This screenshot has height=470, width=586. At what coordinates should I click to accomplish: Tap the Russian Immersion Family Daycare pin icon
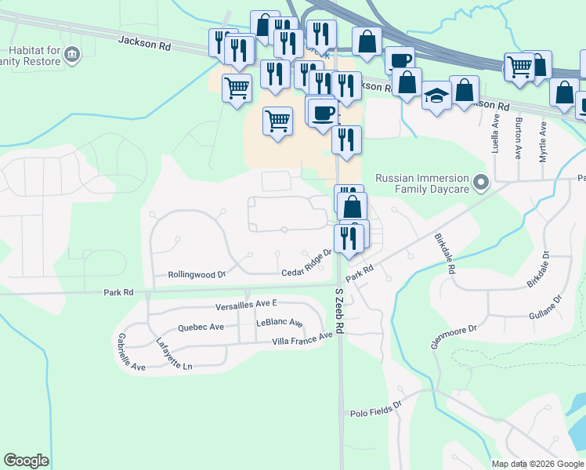point(482,183)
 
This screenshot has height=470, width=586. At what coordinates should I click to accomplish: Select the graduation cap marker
point(437,96)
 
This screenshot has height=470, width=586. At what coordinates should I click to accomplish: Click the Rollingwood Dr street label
point(197,275)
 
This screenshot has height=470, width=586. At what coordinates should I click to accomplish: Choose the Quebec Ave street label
point(201,327)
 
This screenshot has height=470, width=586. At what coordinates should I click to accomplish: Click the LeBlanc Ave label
point(280,323)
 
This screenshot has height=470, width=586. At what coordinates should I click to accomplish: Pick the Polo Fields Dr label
point(375,407)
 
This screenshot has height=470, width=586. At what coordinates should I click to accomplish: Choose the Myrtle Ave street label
point(543,142)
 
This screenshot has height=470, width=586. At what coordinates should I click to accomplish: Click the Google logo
point(26,461)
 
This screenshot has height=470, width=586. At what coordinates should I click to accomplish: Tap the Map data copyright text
point(537,464)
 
